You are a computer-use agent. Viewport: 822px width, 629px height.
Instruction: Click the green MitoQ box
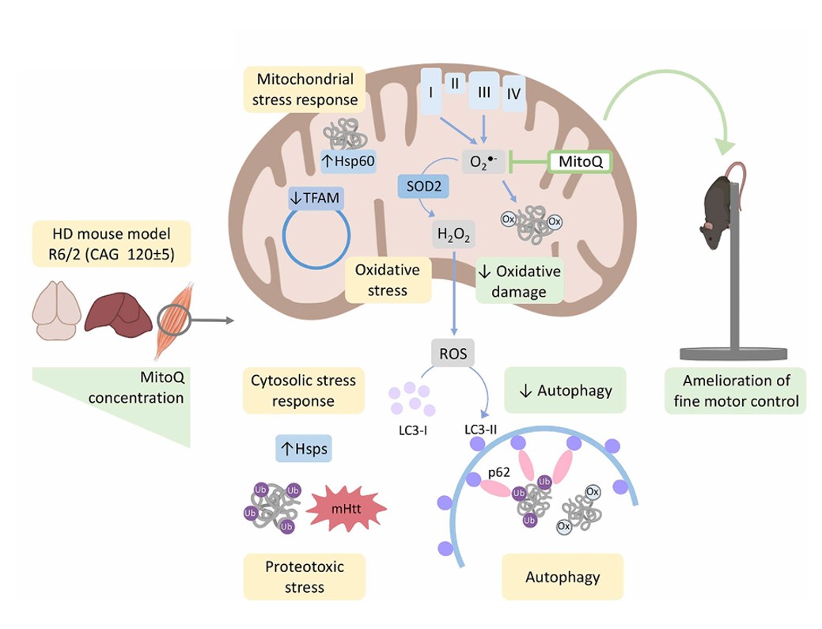[580, 161]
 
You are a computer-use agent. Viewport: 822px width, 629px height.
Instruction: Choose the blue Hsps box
[303, 449]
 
